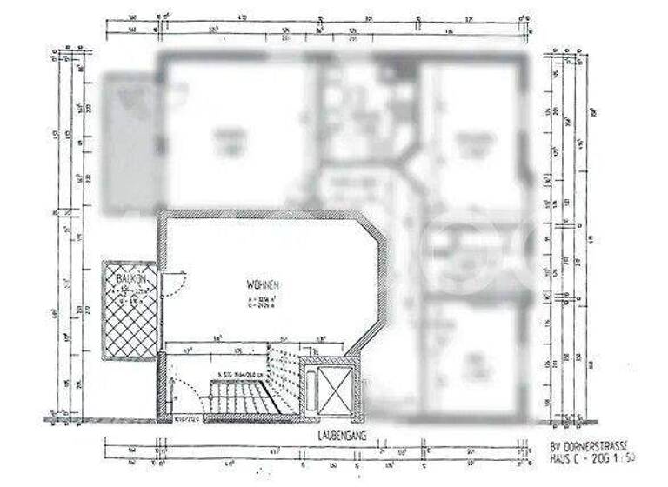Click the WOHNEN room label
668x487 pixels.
[262, 285]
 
